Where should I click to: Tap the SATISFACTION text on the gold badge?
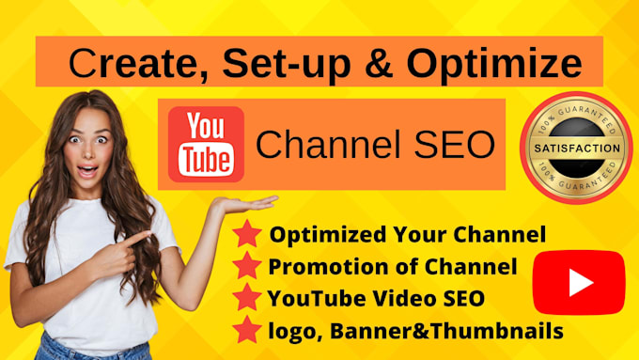pos(576,149)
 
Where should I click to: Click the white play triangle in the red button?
pos(579,282)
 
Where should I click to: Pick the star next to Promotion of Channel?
pos(247,267)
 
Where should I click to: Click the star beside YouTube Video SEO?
pos(247,299)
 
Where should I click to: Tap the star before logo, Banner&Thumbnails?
pos(247,331)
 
